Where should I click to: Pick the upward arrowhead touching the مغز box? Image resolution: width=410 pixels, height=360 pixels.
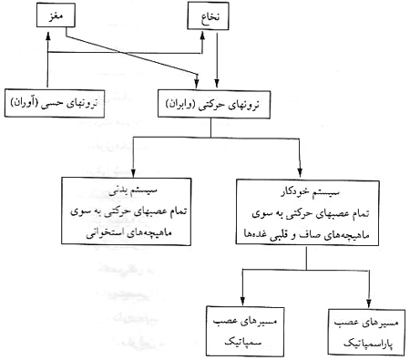44,29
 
